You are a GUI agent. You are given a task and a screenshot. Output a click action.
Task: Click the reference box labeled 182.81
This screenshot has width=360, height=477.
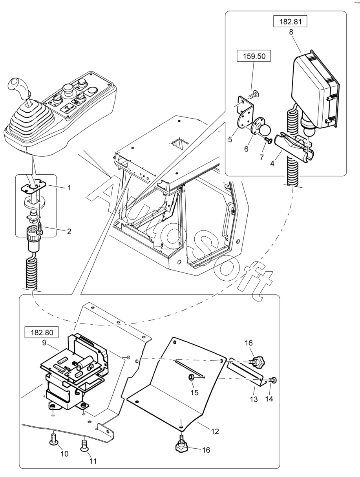pos(290,21)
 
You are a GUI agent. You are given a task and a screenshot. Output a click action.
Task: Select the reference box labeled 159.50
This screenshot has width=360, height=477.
pos(254,56)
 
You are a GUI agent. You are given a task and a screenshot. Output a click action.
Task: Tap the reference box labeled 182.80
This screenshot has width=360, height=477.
pos(42,332)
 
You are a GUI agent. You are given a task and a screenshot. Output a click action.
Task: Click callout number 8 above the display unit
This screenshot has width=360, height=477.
pos(291,32)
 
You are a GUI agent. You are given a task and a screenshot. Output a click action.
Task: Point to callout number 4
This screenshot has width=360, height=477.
pos(272,163)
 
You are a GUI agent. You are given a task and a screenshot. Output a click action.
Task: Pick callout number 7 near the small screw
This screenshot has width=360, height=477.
pos(261,157)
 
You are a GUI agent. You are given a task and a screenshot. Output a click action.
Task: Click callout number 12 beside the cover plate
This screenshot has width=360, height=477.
pos(215,431)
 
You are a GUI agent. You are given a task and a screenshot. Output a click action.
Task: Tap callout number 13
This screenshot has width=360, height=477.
pos(254,399)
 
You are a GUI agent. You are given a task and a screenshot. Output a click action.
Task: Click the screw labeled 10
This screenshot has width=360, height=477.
pos(53,440)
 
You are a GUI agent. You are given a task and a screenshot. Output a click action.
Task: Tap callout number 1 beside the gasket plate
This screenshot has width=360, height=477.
pos(69,188)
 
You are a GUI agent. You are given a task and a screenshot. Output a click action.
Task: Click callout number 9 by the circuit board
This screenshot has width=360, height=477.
pos(44,343)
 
